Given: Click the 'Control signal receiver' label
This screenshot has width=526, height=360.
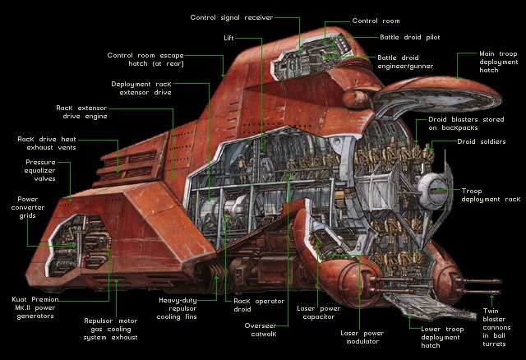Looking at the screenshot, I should coord(231,17).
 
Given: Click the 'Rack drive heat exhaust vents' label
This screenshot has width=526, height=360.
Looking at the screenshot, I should coord(48,145).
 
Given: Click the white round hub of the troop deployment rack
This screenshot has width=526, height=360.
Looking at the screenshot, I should coord(430,192).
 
